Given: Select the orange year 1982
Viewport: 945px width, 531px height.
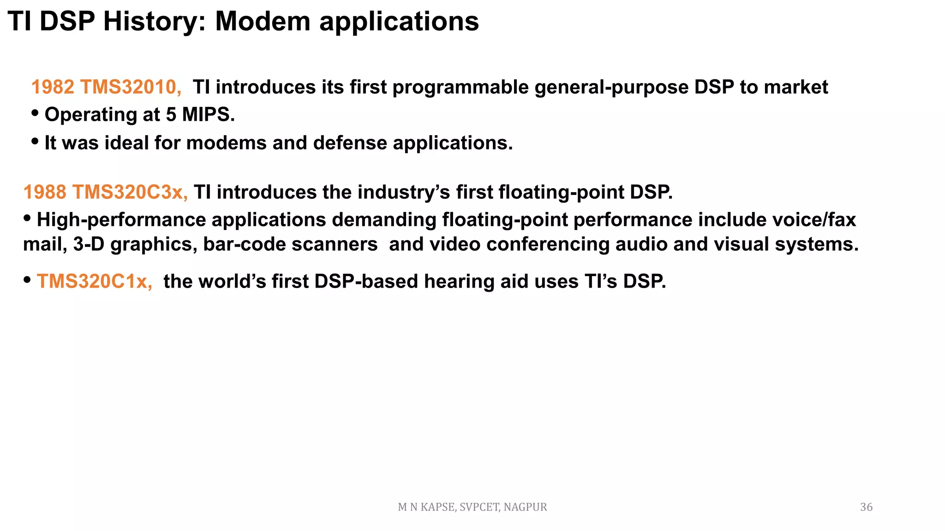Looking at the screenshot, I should (53, 87).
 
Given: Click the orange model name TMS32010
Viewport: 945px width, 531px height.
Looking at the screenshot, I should (131, 87).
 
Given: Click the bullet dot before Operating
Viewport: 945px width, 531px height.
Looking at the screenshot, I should (35, 113).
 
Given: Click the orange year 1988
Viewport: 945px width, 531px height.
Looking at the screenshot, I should (45, 192).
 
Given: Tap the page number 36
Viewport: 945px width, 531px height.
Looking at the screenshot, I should (866, 507).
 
